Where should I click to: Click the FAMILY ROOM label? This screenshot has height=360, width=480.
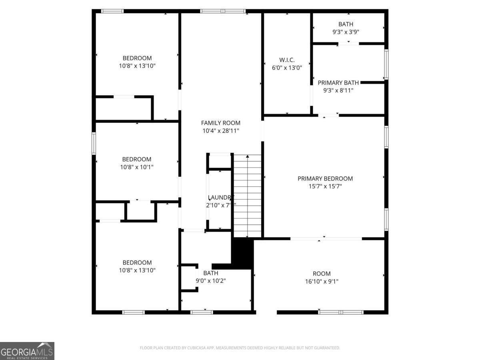click(x=220, y=123)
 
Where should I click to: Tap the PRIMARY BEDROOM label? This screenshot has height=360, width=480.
click(x=325, y=178)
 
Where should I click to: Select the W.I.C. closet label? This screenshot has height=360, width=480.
click(x=287, y=60)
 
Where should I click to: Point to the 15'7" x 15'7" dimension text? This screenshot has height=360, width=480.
click(x=325, y=186)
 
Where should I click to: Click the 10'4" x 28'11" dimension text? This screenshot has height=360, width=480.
click(x=220, y=130)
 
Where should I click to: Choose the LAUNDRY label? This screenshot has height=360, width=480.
click(x=220, y=197)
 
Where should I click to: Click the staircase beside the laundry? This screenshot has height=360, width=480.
click(x=247, y=196)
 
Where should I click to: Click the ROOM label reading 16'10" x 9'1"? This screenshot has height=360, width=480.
click(x=322, y=274)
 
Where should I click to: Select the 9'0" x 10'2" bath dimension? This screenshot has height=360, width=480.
click(x=211, y=281)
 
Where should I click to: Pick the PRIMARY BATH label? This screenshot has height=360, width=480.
click(x=338, y=83)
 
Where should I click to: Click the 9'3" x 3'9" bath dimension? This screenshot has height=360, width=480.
click(x=346, y=32)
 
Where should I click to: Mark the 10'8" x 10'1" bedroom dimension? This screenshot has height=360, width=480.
click(x=137, y=167)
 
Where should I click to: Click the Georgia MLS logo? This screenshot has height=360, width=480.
click(x=27, y=351)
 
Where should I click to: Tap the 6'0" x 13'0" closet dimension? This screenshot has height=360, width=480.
click(x=287, y=68)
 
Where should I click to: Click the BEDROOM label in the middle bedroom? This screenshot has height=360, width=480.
click(x=137, y=159)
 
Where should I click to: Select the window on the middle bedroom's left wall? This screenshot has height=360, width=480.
click(x=94, y=143)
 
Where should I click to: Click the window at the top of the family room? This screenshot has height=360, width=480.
click(x=223, y=11)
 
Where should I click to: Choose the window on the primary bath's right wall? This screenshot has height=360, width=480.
click(x=386, y=64)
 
